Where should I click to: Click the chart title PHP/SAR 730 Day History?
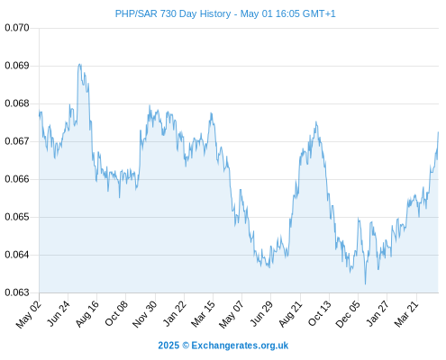tap(173, 13)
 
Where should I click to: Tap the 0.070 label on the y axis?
tap(17, 28)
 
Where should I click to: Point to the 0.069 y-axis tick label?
tap(17, 66)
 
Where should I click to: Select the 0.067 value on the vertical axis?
tap(17, 141)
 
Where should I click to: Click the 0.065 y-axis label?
tap(17, 217)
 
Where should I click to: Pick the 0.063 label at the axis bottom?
tap(17, 292)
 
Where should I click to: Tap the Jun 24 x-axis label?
tap(59, 313)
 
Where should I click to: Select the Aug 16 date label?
tap(86, 313)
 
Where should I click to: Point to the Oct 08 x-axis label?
tap(116, 313)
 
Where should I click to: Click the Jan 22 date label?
tap(174, 313)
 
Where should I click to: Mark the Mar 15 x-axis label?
tap(203, 313)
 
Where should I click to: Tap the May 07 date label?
tap(232, 314)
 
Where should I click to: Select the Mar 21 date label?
tap(406, 313)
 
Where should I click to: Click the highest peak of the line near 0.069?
tap(79, 64)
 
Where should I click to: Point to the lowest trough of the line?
tap(365, 283)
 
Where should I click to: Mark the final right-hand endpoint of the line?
tap(438, 132)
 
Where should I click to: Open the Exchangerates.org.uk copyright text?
tap(223, 346)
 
